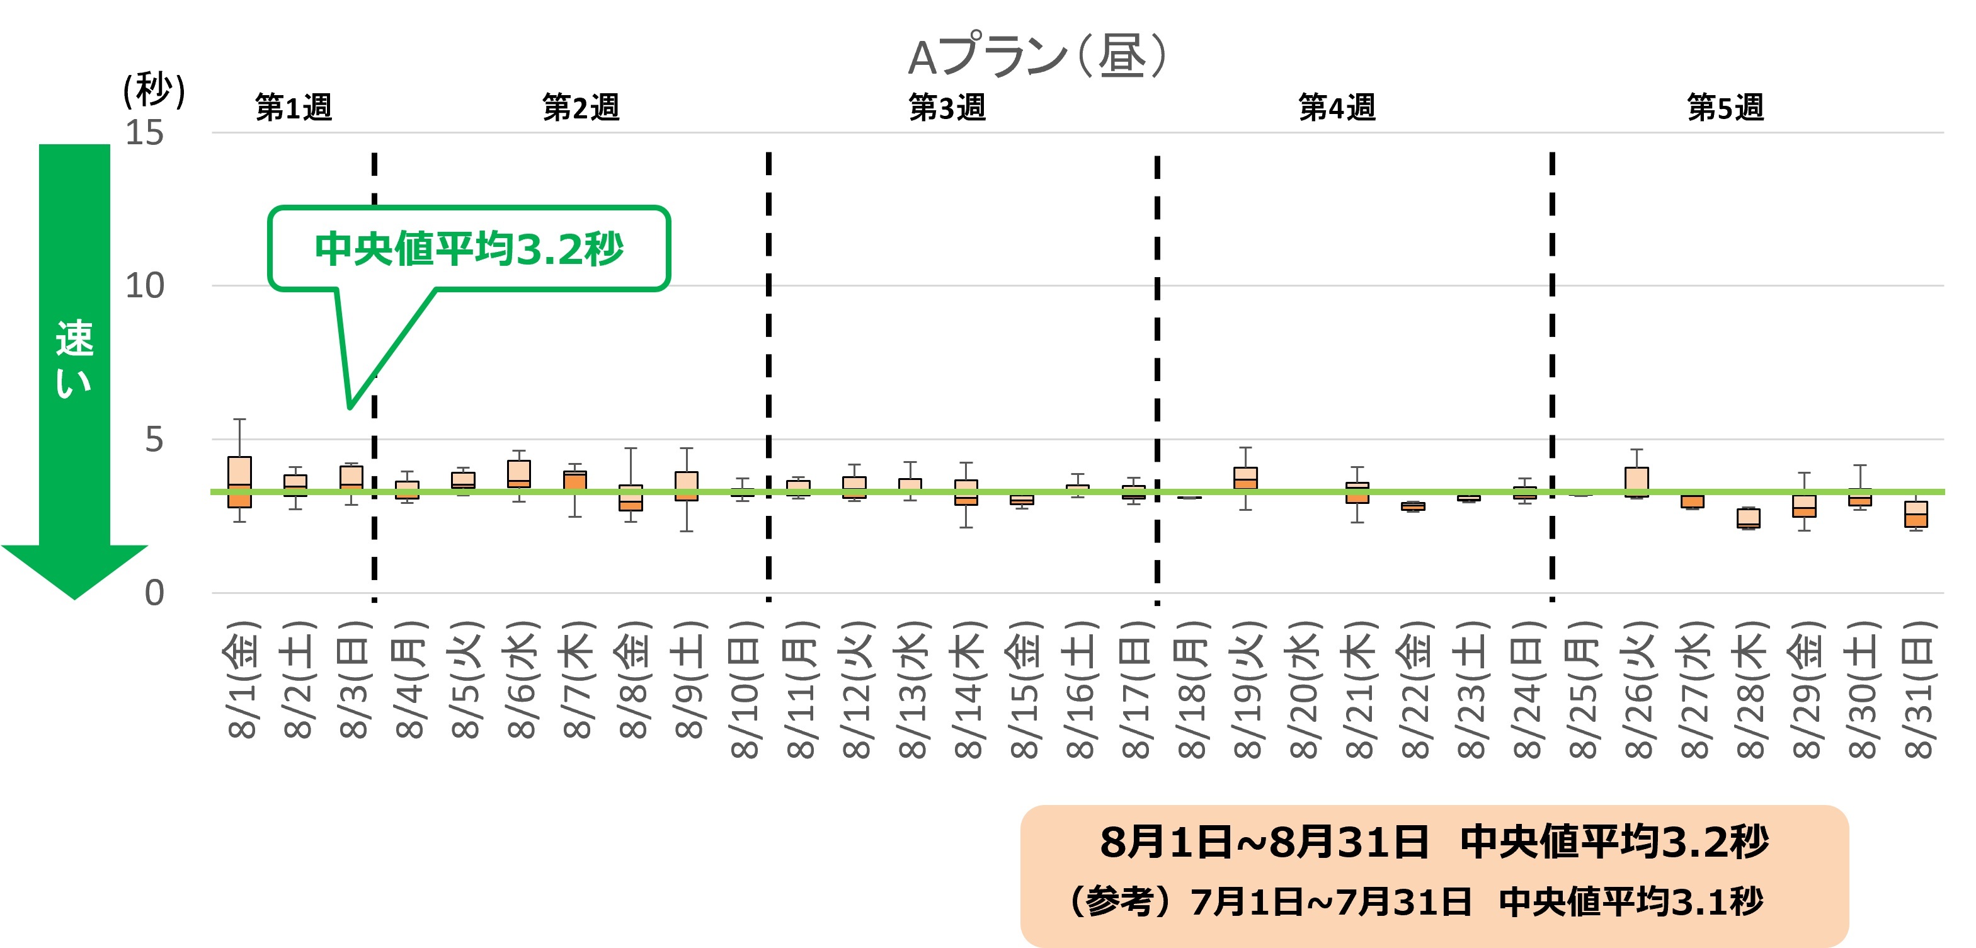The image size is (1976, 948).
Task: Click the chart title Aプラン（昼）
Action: [x=1037, y=56]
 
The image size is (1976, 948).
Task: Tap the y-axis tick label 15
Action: [x=144, y=134]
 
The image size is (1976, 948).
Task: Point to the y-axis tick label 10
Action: [x=144, y=286]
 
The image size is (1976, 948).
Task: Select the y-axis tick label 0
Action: [x=154, y=593]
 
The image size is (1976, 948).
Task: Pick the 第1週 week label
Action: [x=294, y=107]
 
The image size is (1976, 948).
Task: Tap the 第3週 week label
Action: [x=947, y=107]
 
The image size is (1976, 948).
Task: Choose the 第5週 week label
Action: [x=1725, y=107]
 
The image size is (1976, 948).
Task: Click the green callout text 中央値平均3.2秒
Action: [x=469, y=249]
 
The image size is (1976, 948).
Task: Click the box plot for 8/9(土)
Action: [x=687, y=486]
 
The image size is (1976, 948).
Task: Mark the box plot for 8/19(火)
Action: [x=1246, y=478]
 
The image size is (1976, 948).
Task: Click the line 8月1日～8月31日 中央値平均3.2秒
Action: [x=1434, y=842]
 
